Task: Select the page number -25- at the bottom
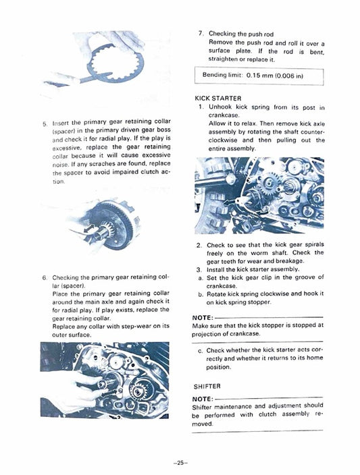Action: (180, 464)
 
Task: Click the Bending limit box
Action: (259, 76)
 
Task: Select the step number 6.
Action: (45, 277)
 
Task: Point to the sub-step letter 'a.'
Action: (201, 277)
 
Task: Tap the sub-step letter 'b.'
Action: (201, 294)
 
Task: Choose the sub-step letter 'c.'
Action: (201, 351)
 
